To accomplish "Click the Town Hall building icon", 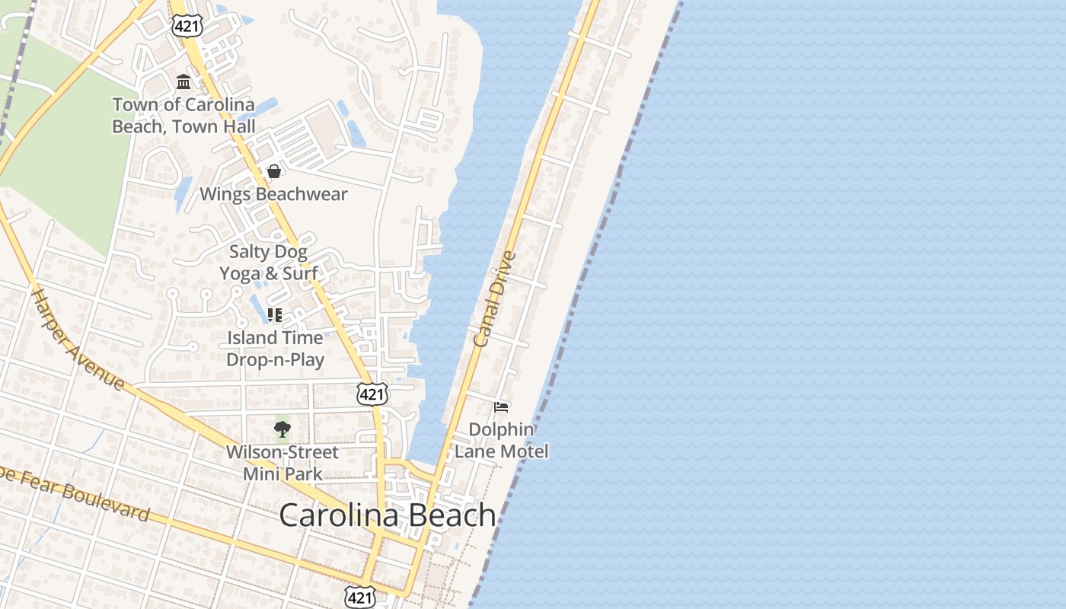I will (x=184, y=81).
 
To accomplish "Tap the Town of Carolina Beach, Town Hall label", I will (x=184, y=116).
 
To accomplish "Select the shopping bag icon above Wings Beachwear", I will (x=274, y=171).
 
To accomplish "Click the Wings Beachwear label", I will (x=273, y=194).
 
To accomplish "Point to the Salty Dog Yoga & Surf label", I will (x=269, y=262).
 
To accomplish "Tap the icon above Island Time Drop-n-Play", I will (x=275, y=314).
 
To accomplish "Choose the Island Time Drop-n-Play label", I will (x=275, y=348).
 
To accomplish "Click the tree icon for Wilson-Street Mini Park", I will (x=282, y=429).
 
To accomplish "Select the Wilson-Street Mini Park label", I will (x=282, y=463).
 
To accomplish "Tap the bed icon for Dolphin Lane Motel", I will (x=501, y=407).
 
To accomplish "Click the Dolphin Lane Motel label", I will (x=501, y=440).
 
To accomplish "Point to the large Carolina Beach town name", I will (x=388, y=515).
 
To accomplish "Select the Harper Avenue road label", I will (x=78, y=339).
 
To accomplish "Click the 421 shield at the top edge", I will (x=187, y=25).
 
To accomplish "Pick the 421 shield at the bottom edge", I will (x=360, y=596).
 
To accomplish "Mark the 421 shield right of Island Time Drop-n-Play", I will (x=372, y=394).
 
